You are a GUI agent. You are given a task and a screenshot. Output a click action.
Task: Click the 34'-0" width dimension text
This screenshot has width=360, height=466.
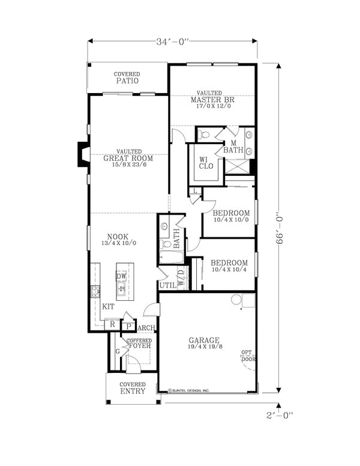[x=173, y=42]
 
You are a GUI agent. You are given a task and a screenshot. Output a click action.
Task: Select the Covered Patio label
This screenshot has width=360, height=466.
[x=127, y=77]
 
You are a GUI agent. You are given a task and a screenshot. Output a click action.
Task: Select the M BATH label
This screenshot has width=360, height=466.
[x=233, y=147]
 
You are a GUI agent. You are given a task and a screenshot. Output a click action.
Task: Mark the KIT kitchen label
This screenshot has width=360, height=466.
[x=108, y=306]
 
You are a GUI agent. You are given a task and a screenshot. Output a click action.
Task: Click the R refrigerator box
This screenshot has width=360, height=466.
[x=112, y=324]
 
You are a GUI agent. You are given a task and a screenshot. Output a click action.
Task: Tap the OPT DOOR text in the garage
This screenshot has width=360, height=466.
[x=247, y=356]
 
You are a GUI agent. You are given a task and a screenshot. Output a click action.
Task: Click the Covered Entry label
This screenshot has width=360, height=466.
[x=132, y=387]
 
